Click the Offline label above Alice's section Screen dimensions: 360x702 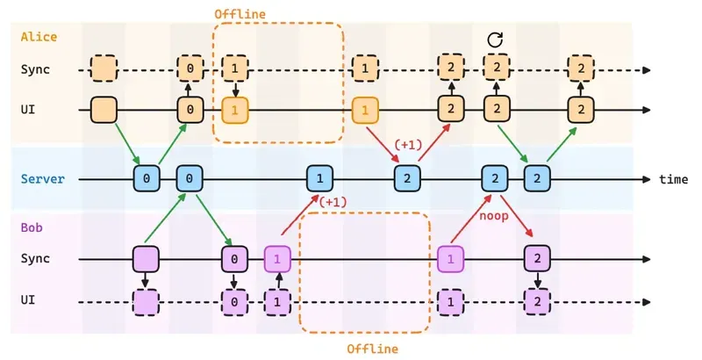pyautogui.click(x=240, y=15)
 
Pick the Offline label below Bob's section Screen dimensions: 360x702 pyautogui.click(x=372, y=349)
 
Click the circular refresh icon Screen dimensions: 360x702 pyautogui.click(x=495, y=40)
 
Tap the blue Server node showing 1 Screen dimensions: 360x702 pyautogui.click(x=319, y=178)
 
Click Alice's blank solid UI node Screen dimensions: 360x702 pyautogui.click(x=104, y=110)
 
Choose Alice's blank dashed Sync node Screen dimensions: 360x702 pyautogui.click(x=104, y=68)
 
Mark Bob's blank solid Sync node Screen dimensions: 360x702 pyautogui.click(x=147, y=258)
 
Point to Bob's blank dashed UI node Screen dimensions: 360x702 pyautogui.click(x=147, y=300)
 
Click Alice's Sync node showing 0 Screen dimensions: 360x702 pyautogui.click(x=190, y=68)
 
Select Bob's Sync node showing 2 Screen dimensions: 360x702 pyautogui.click(x=537, y=258)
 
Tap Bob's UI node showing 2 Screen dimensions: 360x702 pyautogui.click(x=537, y=300)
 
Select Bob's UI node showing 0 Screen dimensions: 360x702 pyautogui.click(x=234, y=300)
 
